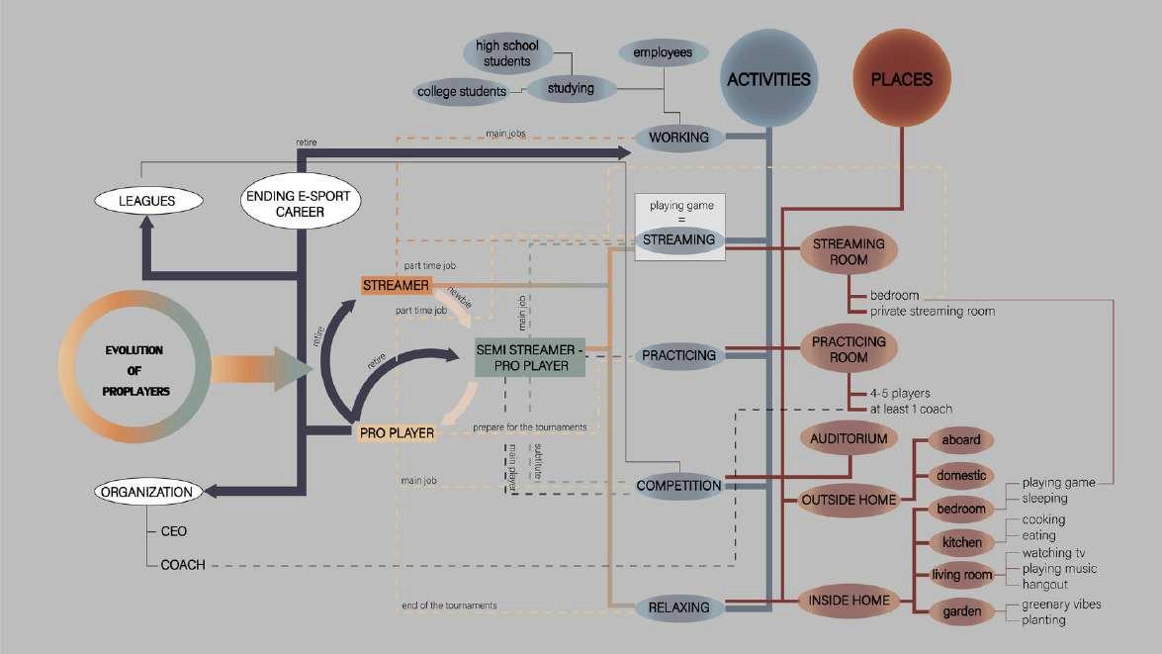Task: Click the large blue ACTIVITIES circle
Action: pos(768,80)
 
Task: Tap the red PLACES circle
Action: pos(902,79)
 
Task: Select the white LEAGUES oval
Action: pos(147,201)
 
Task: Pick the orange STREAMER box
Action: pos(396,285)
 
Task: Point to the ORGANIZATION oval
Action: pos(144,491)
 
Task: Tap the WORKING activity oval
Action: pos(679,138)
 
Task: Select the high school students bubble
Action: pos(501,53)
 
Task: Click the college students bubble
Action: pos(462,92)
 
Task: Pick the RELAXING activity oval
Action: pos(679,606)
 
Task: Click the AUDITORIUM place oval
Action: pos(849,437)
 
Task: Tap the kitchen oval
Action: pos(962,542)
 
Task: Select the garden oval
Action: pos(962,611)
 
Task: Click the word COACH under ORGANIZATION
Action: pos(183,565)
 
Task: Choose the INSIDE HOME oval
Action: pos(849,600)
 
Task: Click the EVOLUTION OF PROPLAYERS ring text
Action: pos(135,370)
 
